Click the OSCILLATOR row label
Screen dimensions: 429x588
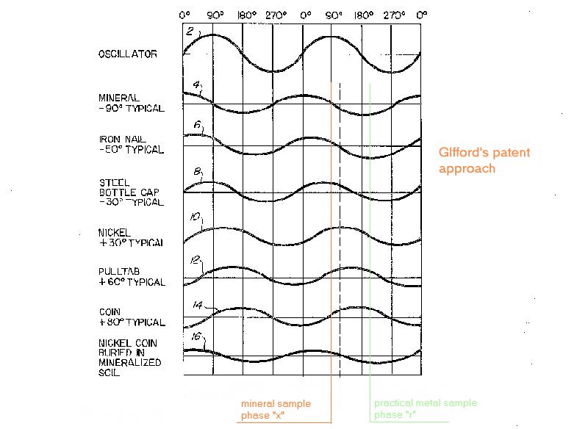tap(127, 54)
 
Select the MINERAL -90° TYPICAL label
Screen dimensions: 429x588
tap(132, 103)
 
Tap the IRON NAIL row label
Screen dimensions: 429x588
tap(132, 144)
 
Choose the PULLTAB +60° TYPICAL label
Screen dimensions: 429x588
tap(132, 277)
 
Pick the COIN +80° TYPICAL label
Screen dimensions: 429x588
tap(132, 318)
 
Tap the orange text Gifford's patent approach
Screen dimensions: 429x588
tap(484, 161)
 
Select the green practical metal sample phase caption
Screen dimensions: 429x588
tap(425, 408)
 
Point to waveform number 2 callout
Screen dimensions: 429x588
tap(190, 32)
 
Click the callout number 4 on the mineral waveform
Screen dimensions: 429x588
tap(196, 85)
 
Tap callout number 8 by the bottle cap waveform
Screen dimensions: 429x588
tap(196, 173)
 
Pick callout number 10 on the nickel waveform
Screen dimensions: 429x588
tap(195, 217)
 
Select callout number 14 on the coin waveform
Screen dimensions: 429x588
tap(197, 303)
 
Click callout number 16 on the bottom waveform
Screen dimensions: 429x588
tap(196, 337)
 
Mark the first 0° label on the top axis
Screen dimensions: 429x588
tap(184, 14)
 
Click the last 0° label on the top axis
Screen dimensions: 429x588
tap(421, 14)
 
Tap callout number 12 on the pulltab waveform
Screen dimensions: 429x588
tap(195, 259)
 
